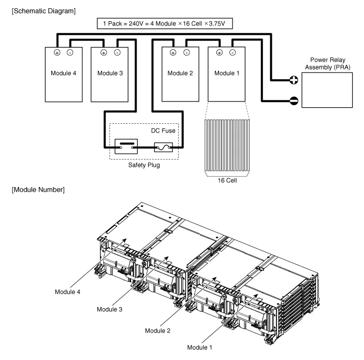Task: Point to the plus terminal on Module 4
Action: point(56,52)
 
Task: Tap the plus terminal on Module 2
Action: point(173,52)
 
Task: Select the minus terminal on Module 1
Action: point(234,52)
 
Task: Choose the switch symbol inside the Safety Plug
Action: point(126,147)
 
